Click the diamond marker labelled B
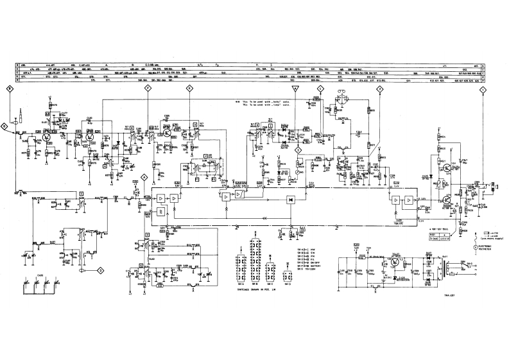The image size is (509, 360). pyautogui.click(x=10, y=90)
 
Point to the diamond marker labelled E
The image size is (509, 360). pyautogui.click(x=189, y=90)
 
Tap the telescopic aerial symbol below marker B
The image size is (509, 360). pyautogui.click(x=19, y=116)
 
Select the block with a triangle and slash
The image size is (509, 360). pyautogui.click(x=239, y=194)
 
